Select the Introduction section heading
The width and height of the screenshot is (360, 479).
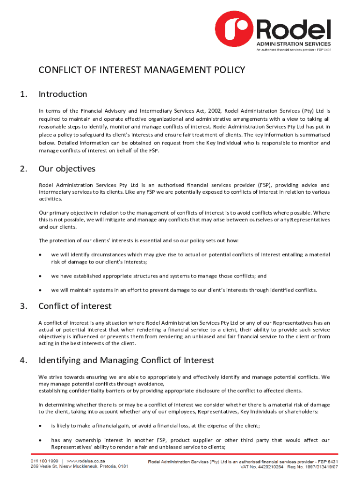pyautogui.click(x=63, y=94)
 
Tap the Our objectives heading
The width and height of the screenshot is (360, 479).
pyautogui.click(x=67, y=168)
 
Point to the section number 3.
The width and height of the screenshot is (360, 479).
pyautogui.click(x=23, y=306)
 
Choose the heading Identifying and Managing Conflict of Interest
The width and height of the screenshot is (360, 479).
pyautogui.click(x=126, y=360)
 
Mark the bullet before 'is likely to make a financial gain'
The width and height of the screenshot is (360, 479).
pyautogui.click(x=41, y=426)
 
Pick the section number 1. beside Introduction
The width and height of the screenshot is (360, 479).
pyautogui.click(x=23, y=94)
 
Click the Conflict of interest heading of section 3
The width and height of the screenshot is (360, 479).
pyautogui.click(x=75, y=306)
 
